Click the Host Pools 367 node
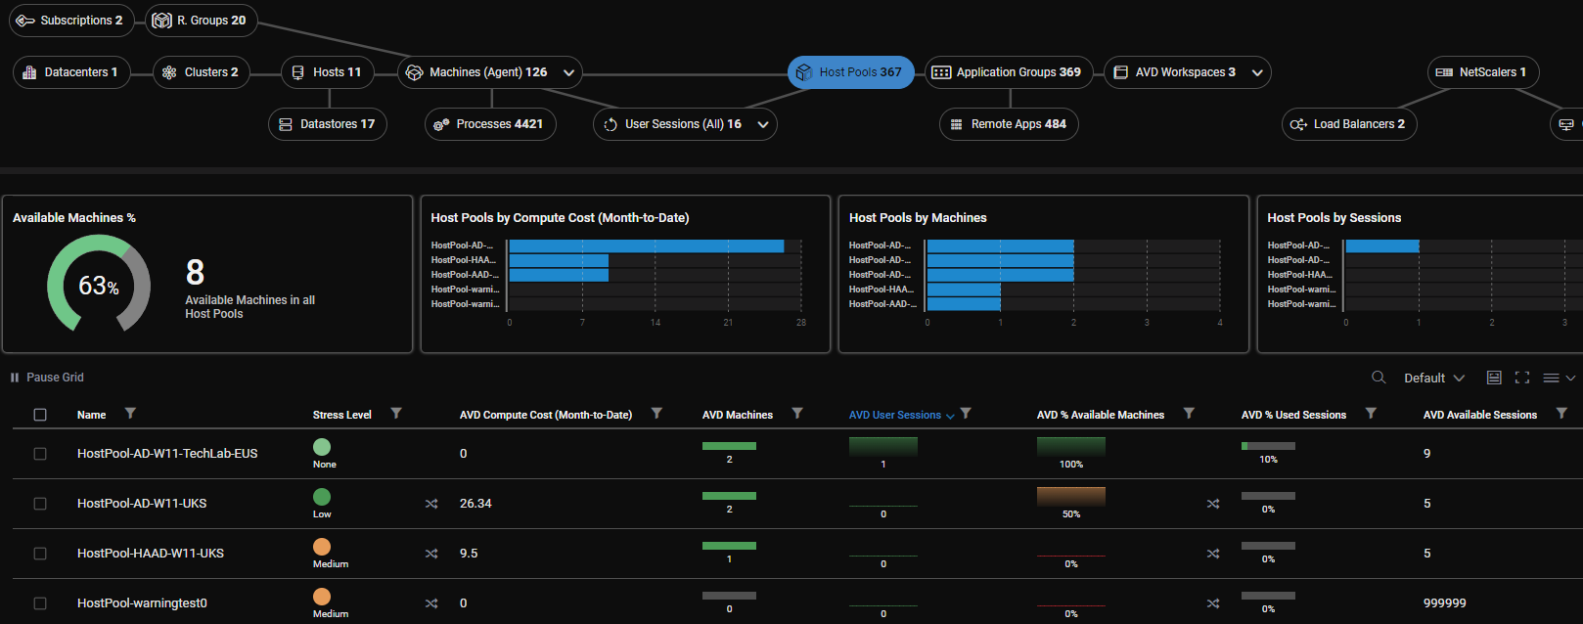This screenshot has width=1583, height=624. click(x=850, y=72)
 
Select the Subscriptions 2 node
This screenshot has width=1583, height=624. click(x=71, y=21)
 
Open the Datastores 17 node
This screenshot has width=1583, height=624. click(x=328, y=124)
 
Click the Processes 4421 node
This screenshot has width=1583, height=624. click(x=490, y=124)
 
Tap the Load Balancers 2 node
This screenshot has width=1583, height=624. click(x=1349, y=124)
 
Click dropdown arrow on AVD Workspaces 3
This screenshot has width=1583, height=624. click(x=1257, y=72)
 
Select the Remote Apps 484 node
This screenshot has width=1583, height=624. click(x=1009, y=124)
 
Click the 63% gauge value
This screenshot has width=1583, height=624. click(x=98, y=286)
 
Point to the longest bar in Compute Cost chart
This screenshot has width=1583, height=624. click(x=646, y=245)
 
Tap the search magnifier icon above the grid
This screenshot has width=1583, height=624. click(x=1379, y=378)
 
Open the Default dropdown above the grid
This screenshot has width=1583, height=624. click(x=1433, y=379)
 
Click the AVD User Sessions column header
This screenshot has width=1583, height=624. click(x=894, y=415)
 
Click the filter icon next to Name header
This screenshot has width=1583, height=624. click(x=130, y=414)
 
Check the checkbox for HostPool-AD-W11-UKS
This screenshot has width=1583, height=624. click(x=40, y=504)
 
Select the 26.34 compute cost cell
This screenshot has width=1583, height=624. click(x=475, y=504)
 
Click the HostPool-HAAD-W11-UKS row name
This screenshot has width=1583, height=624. click(x=151, y=554)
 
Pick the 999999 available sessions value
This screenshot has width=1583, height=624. click(x=1444, y=603)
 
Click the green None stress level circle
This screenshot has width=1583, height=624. click(x=322, y=447)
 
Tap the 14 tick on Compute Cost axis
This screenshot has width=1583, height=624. click(x=656, y=323)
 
